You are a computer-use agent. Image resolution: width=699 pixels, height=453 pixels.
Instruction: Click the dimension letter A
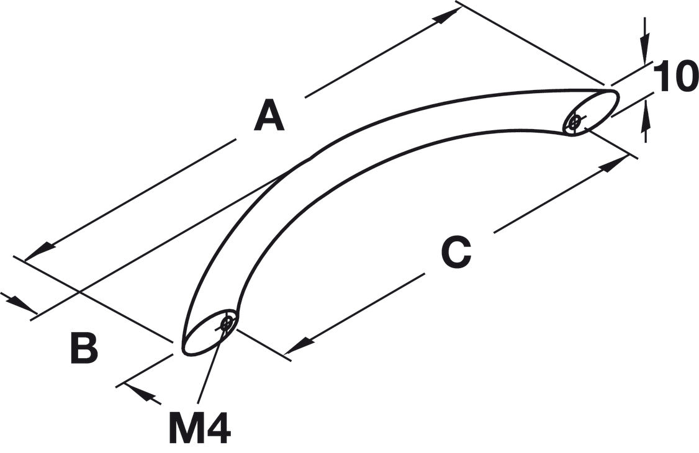click(x=269, y=117)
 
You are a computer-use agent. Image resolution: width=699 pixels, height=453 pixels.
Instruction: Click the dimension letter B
click(x=84, y=348)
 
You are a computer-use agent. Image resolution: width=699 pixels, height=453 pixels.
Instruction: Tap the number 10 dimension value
click(x=675, y=78)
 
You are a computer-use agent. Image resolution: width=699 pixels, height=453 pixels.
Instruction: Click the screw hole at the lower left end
click(x=228, y=323)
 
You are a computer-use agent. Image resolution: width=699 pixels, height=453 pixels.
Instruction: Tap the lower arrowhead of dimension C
click(x=298, y=346)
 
